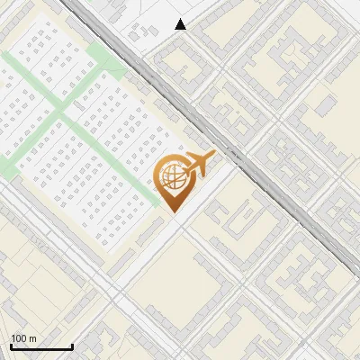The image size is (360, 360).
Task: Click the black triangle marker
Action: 181,24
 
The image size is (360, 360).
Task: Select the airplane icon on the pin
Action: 198,164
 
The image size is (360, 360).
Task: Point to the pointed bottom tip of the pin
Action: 171,211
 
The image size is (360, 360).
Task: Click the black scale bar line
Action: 41,346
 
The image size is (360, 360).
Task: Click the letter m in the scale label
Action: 33,338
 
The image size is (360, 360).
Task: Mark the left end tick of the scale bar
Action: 11,346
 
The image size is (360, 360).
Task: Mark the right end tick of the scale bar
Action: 72,346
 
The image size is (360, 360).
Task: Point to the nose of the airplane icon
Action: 213,157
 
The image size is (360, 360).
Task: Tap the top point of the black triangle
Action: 181,19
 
